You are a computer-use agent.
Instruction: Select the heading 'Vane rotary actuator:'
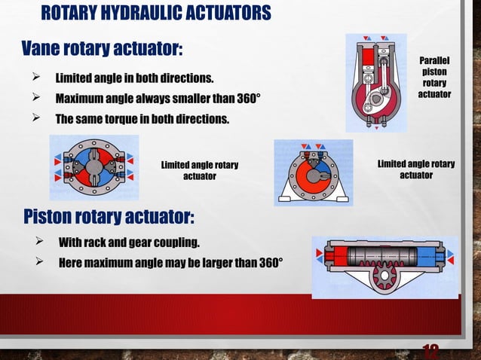click(x=101, y=48)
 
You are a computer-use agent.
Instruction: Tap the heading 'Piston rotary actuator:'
click(x=109, y=217)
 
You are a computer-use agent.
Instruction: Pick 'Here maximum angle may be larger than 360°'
click(x=170, y=263)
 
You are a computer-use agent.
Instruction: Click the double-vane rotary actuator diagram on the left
click(x=93, y=166)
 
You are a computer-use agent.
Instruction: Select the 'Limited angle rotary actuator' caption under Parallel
click(x=415, y=169)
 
